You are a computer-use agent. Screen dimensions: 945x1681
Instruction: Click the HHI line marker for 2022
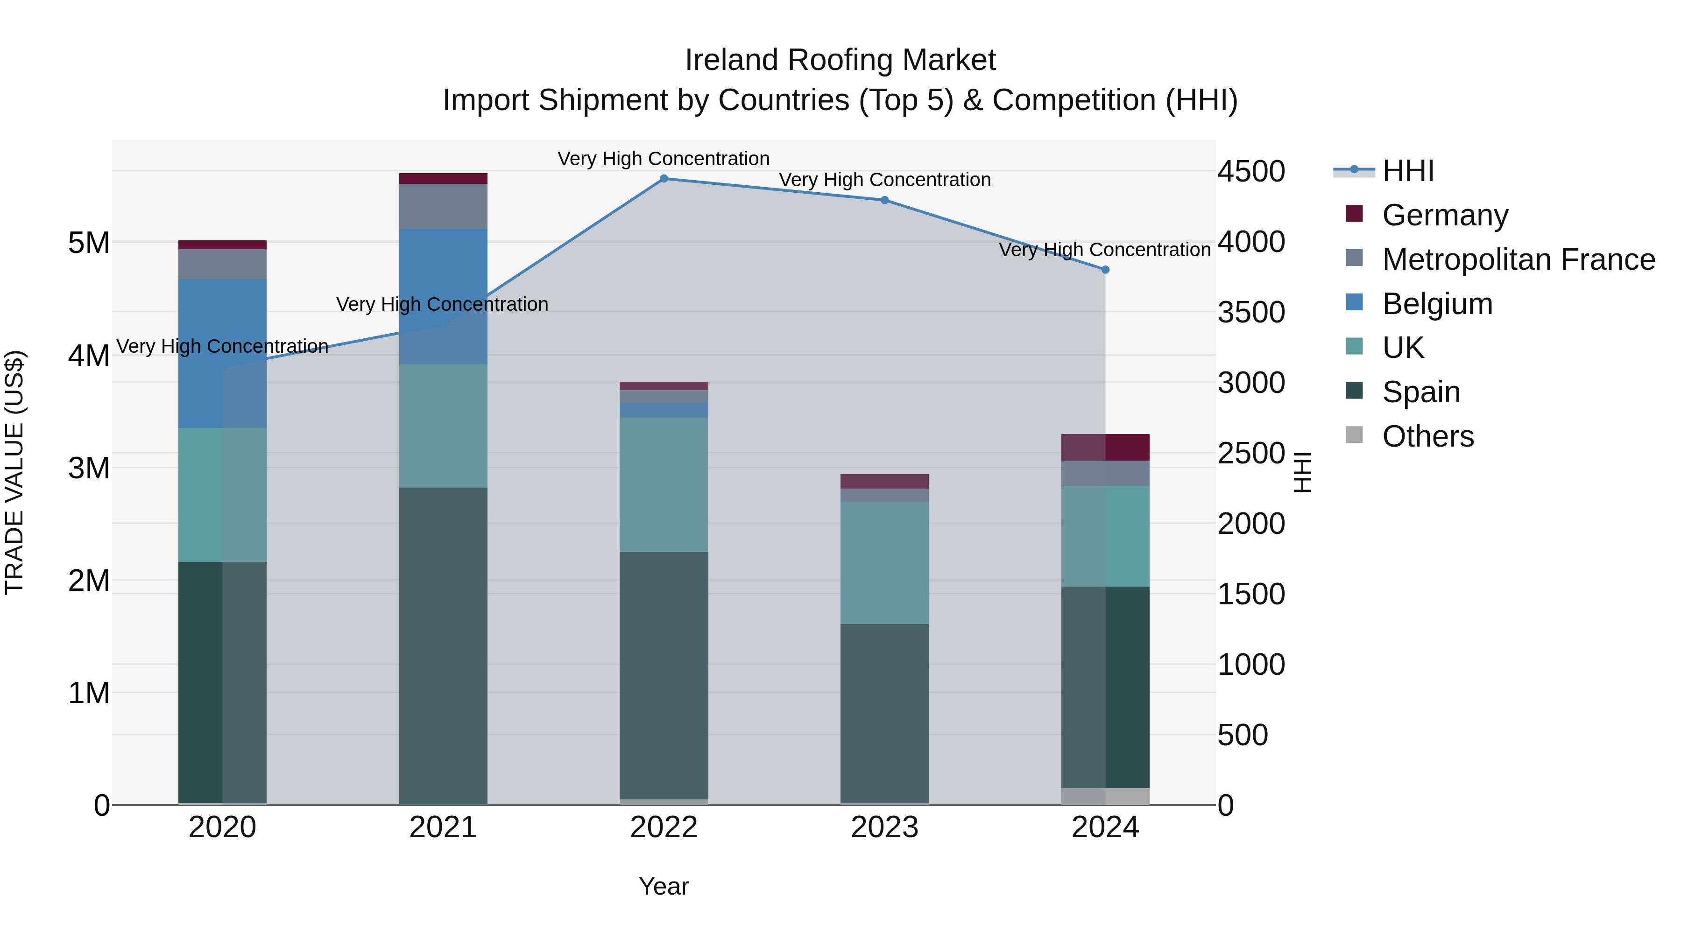point(664,179)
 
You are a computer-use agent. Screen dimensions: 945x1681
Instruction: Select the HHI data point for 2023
point(884,200)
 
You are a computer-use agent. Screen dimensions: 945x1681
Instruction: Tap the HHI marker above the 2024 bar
point(1105,269)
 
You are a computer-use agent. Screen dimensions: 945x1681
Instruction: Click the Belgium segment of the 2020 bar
point(222,353)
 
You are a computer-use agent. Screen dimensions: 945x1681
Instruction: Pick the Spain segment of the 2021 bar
point(443,646)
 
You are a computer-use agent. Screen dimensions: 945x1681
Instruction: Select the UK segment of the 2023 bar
point(884,562)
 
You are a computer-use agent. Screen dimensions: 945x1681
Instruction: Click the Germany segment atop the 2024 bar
point(1105,448)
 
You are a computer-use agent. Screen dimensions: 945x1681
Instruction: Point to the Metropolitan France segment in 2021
point(443,206)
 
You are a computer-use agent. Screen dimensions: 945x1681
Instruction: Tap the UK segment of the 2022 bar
point(664,484)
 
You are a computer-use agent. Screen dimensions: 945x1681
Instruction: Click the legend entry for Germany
point(1444,215)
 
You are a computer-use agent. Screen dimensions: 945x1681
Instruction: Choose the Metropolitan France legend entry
point(1518,259)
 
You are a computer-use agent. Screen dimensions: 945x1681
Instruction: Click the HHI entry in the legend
point(1407,171)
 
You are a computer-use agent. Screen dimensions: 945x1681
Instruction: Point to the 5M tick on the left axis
point(89,243)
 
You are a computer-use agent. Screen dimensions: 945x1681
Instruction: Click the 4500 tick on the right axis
point(1251,172)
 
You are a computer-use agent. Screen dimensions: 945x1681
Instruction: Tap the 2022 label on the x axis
point(664,827)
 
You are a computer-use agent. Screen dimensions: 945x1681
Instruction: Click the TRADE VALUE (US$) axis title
point(14,472)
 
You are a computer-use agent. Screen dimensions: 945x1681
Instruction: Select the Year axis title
point(664,886)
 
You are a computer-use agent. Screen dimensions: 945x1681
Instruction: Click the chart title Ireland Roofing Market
point(840,60)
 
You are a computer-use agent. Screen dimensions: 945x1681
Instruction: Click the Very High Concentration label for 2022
point(664,159)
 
